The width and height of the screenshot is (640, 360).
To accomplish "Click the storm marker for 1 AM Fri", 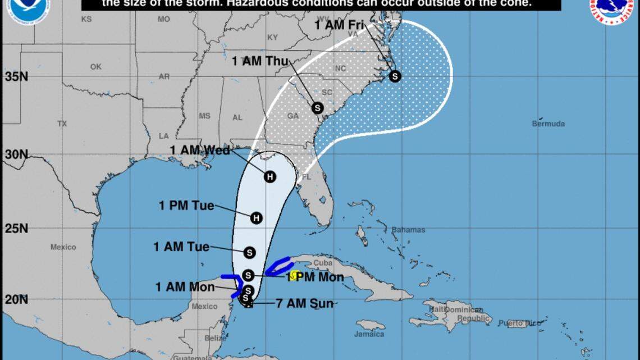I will click(x=395, y=76).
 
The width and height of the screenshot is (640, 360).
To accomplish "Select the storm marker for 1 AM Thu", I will click(x=317, y=107).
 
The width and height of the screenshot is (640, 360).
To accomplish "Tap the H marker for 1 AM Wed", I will click(x=270, y=176).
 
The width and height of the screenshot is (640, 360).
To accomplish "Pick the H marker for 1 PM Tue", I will click(x=257, y=217).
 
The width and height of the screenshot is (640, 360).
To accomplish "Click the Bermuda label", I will click(x=548, y=124).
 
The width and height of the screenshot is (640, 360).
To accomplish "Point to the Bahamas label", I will click(x=408, y=230).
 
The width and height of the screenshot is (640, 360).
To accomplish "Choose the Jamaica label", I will click(x=369, y=334).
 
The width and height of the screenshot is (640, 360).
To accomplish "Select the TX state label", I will click(x=62, y=123).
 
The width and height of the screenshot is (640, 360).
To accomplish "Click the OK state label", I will click(x=96, y=67).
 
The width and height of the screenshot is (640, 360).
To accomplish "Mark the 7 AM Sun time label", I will click(x=304, y=304).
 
